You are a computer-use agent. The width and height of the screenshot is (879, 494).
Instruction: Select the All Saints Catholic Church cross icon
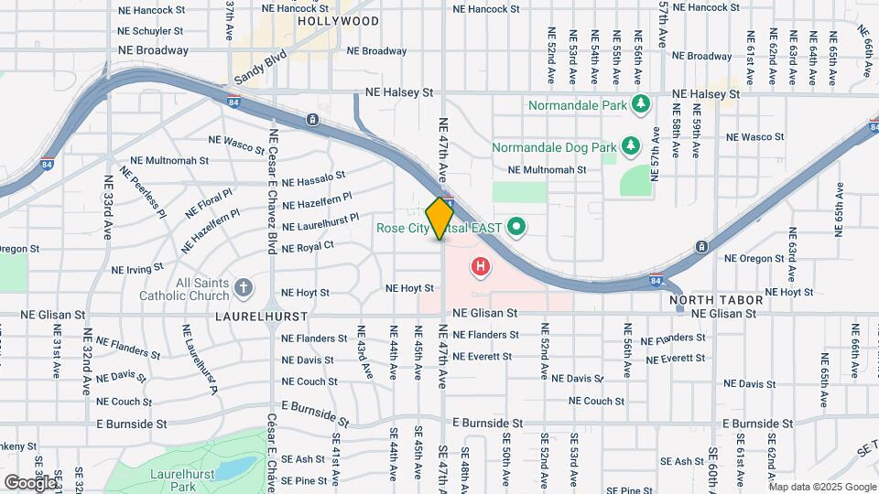[244, 288]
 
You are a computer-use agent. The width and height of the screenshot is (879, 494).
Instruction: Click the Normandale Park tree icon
[642, 104]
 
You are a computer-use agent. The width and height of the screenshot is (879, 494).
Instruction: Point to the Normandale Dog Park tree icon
[630, 146]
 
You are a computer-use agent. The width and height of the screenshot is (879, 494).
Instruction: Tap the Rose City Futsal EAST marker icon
[515, 226]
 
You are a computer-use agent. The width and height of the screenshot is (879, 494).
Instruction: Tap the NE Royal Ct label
[308, 246]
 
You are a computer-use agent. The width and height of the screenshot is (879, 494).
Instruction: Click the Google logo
[29, 481]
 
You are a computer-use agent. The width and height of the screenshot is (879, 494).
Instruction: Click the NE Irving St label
[137, 269]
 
